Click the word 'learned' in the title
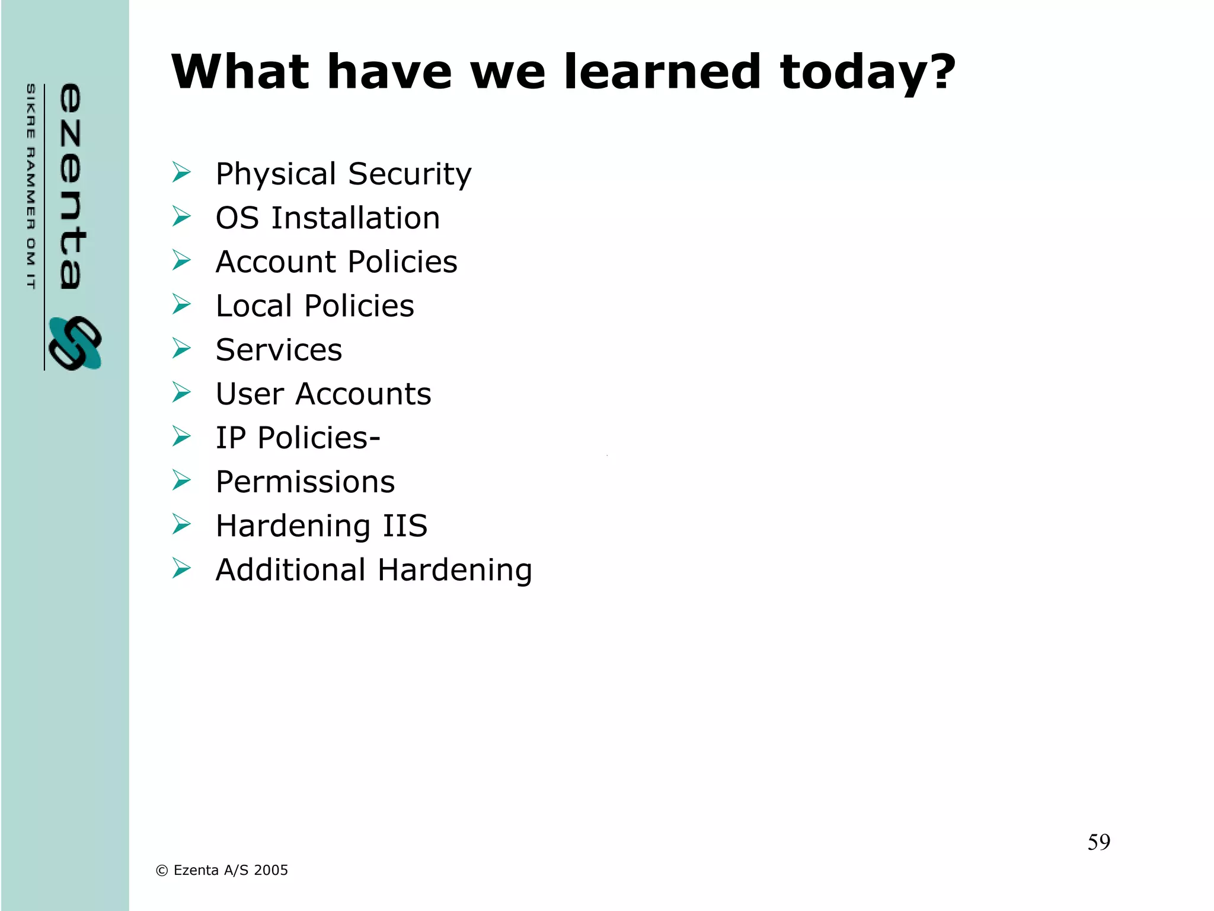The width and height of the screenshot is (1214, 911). [x=662, y=72]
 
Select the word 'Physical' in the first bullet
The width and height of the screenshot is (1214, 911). [x=276, y=175]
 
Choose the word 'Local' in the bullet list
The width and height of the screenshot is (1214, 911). [x=254, y=306]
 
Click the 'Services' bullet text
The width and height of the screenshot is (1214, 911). [x=279, y=350]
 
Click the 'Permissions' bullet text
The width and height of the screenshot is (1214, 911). [x=305, y=482]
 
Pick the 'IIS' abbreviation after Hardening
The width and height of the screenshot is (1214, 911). [x=405, y=525]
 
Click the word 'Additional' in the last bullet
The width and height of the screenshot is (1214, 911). [x=290, y=570]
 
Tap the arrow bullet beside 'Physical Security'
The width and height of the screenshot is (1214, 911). [x=181, y=172]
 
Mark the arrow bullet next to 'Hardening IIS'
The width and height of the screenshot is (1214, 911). [x=181, y=524]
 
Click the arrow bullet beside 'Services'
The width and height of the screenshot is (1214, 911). [x=181, y=348]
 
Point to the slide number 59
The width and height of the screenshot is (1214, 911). [x=1098, y=842]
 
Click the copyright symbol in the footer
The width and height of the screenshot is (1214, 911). [x=162, y=871]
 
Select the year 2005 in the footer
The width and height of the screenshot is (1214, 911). [x=271, y=870]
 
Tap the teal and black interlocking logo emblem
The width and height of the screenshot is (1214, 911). [x=75, y=343]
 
